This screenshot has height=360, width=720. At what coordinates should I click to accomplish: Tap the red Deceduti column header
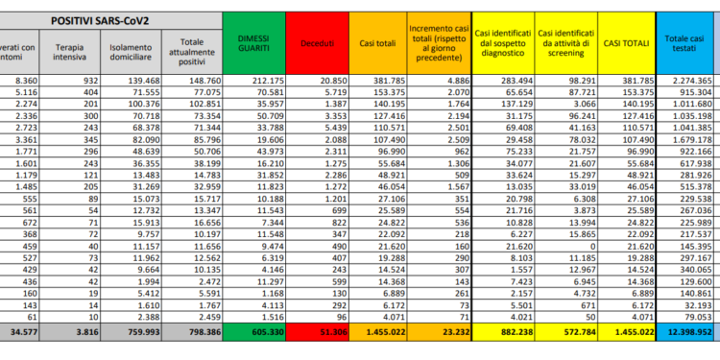[x=316, y=42]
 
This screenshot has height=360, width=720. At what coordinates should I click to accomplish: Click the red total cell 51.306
[x=316, y=331]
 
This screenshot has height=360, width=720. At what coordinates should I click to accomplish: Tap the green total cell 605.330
[x=253, y=331]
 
